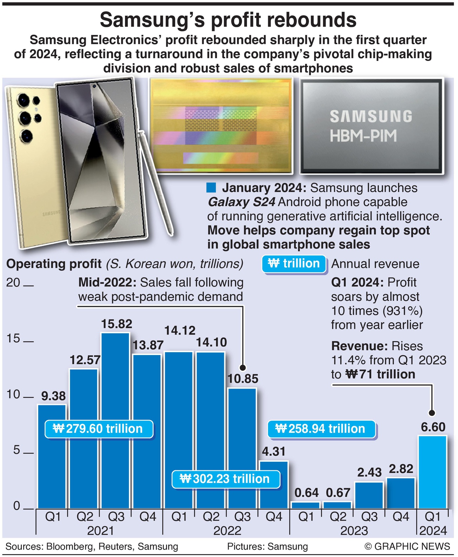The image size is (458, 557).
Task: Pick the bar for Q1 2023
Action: tap(306, 505)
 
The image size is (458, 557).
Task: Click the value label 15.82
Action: tap(116, 324)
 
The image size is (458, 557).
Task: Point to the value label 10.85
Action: tap(243, 379)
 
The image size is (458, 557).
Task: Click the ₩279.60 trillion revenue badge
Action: tap(99, 429)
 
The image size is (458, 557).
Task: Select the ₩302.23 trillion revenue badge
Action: tap(226, 478)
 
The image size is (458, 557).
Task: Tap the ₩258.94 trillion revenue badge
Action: tap(322, 429)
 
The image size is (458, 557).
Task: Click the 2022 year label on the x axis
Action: tap(227, 531)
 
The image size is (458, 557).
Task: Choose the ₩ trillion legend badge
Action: tap(294, 264)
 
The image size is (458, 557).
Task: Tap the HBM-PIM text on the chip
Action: tap(363, 136)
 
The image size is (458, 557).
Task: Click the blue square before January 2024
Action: tap(211, 188)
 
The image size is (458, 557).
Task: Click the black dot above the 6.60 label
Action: tap(432, 413)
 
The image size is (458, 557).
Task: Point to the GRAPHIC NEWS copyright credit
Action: tap(407, 547)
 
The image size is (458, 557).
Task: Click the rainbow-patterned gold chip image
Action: tap(221, 126)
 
